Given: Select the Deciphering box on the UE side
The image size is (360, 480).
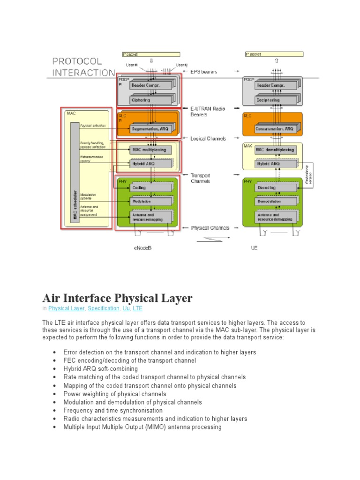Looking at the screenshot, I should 268,100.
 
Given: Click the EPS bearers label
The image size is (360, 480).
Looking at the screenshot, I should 204,72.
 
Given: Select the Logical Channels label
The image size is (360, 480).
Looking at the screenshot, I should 208,139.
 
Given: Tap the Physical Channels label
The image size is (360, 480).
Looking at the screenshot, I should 210,228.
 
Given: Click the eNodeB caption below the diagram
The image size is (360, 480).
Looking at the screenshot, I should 142,248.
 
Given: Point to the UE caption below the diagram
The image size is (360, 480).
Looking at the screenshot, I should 255,248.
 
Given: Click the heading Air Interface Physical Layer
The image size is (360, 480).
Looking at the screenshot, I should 117,298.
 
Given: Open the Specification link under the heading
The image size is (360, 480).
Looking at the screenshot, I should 104,308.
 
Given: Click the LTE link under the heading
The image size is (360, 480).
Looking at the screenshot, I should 138,308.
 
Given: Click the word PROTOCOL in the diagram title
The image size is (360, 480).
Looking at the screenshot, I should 77,61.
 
